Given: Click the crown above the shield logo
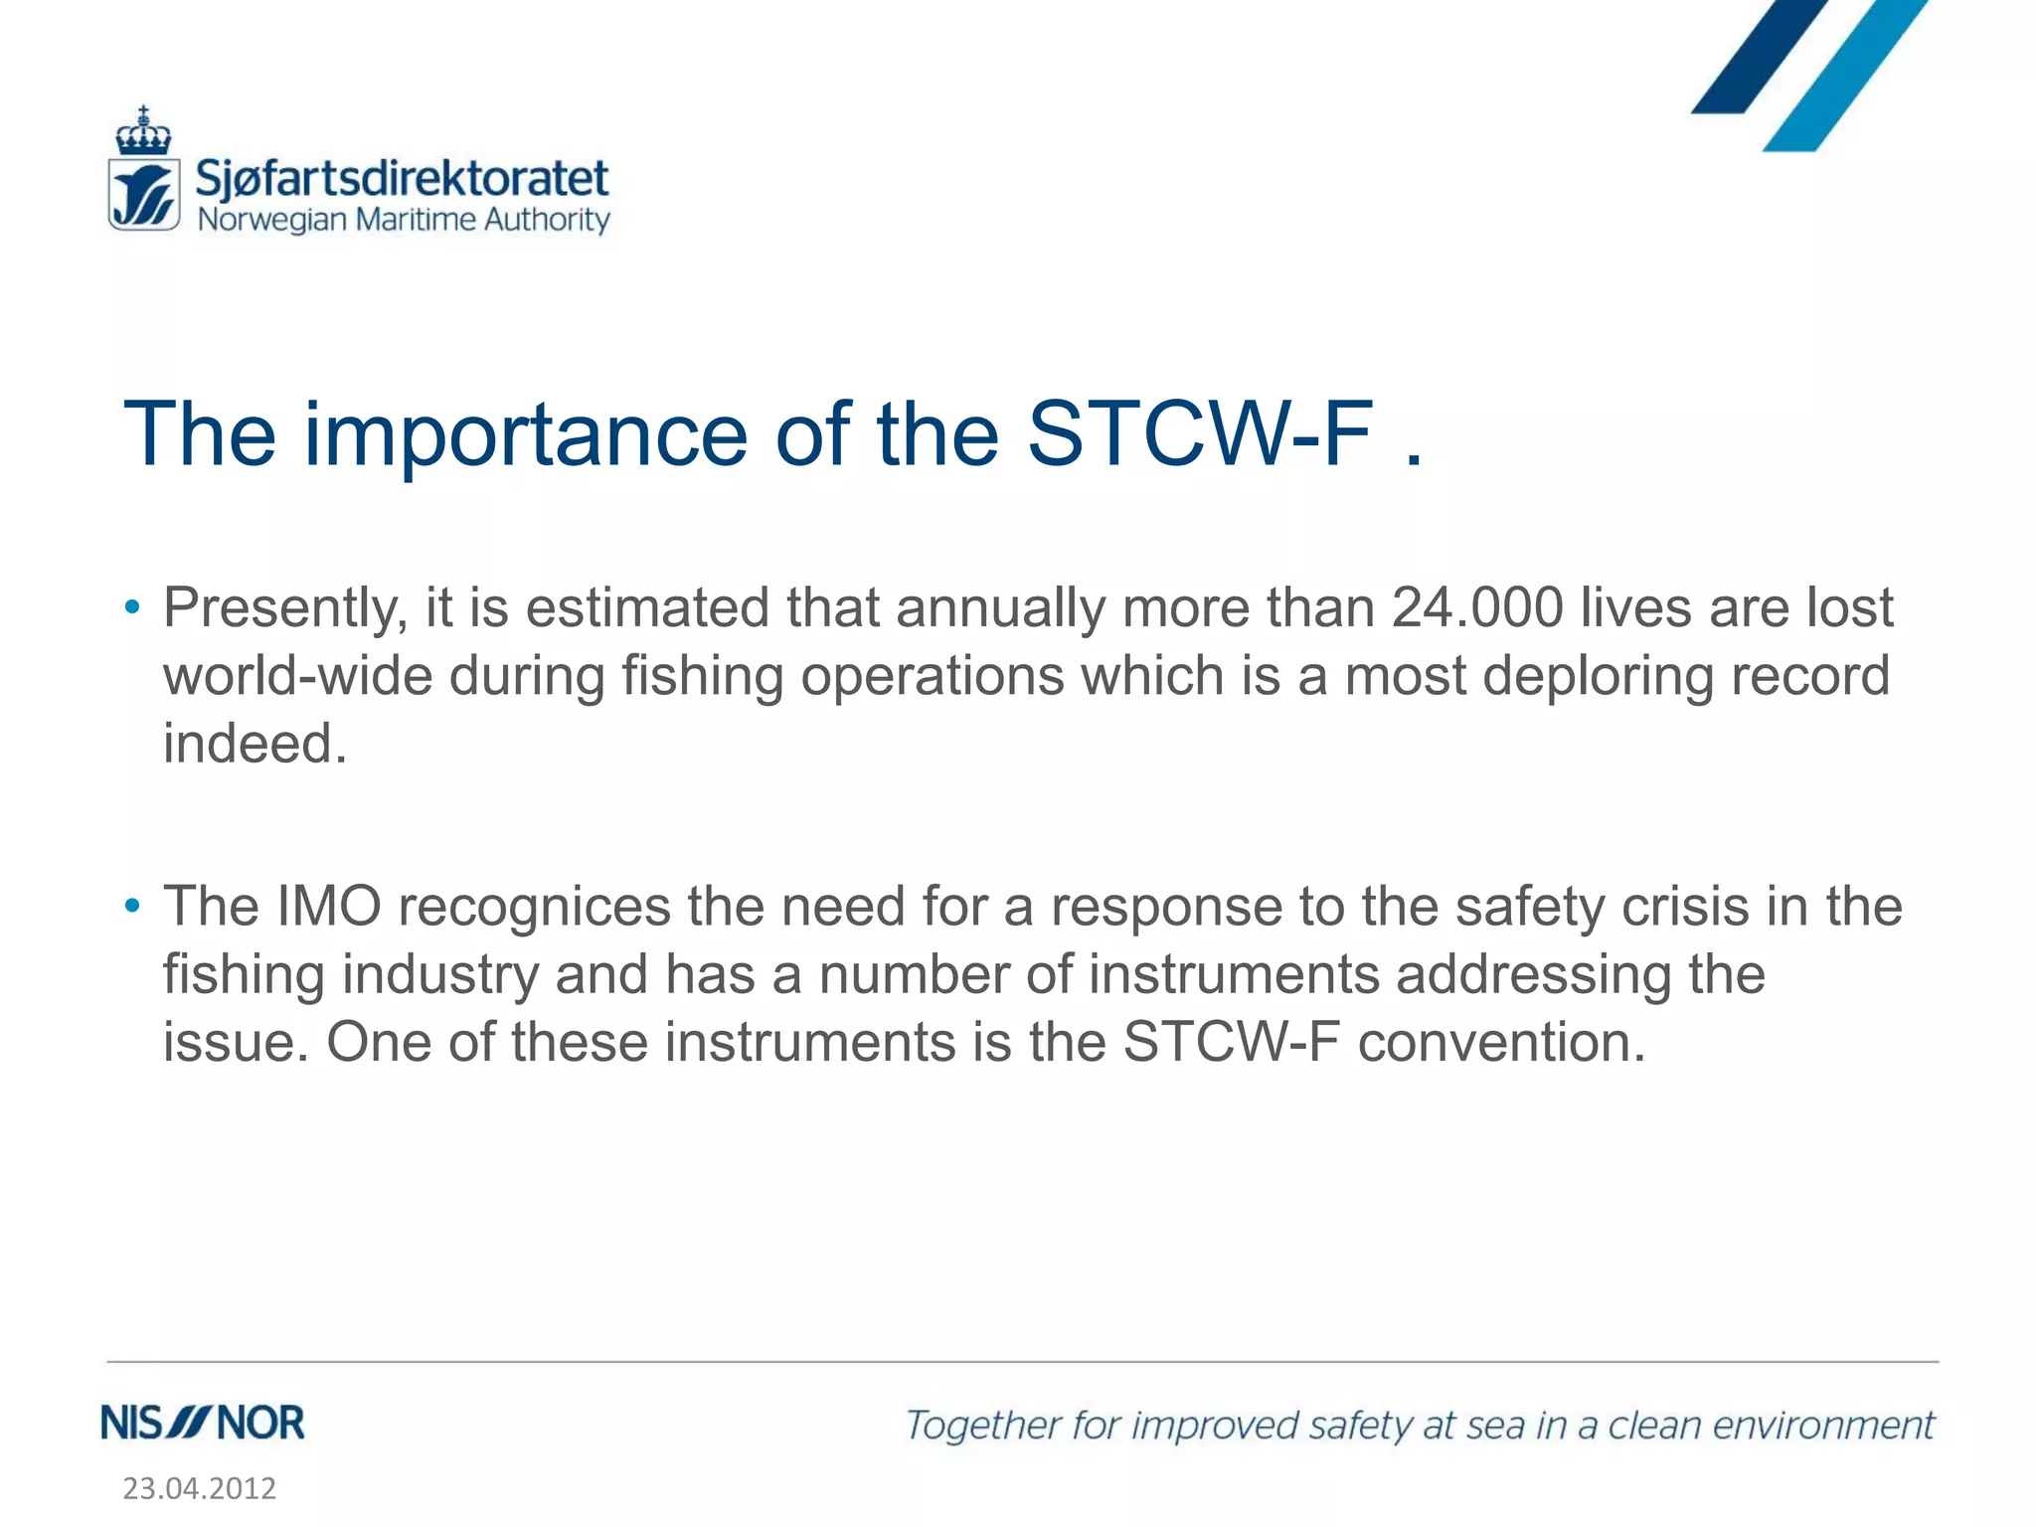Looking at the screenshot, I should point(144,131).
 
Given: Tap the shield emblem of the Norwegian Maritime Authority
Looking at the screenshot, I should point(144,195).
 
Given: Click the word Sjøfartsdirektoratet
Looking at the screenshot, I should point(402,179).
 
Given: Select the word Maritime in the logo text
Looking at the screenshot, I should point(417,220).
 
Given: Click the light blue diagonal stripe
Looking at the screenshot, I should point(1845,76).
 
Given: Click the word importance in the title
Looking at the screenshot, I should point(525,434).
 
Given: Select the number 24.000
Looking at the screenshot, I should point(1477,607).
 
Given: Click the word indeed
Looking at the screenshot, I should point(254,744).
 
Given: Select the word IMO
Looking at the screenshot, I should point(329,907).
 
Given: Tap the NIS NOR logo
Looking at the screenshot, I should point(203,1424).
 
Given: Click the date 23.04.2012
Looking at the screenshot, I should point(199,1488).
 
